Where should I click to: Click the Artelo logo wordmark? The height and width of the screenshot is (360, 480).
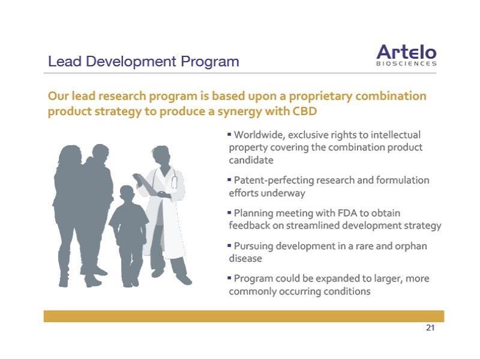pyautogui.click(x=406, y=52)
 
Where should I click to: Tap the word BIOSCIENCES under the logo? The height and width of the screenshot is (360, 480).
pyautogui.click(x=406, y=64)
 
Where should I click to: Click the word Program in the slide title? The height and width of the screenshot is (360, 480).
pyautogui.click(x=209, y=62)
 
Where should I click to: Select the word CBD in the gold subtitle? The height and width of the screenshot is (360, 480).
pyautogui.click(x=305, y=111)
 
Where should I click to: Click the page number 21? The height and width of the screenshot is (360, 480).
pyautogui.click(x=430, y=328)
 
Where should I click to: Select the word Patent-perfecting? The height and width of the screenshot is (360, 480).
pyautogui.click(x=274, y=181)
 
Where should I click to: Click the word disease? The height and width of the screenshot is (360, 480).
pyautogui.click(x=245, y=259)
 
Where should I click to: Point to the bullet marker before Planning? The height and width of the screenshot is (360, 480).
pyautogui.click(x=229, y=212)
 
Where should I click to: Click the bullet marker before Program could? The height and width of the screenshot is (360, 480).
pyautogui.click(x=229, y=278)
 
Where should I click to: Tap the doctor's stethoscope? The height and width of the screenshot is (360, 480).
pyautogui.click(x=174, y=179)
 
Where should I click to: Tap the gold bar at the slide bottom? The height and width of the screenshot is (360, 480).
pyautogui.click(x=244, y=316)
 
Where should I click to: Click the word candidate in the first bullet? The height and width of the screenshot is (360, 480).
pyautogui.click(x=251, y=160)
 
